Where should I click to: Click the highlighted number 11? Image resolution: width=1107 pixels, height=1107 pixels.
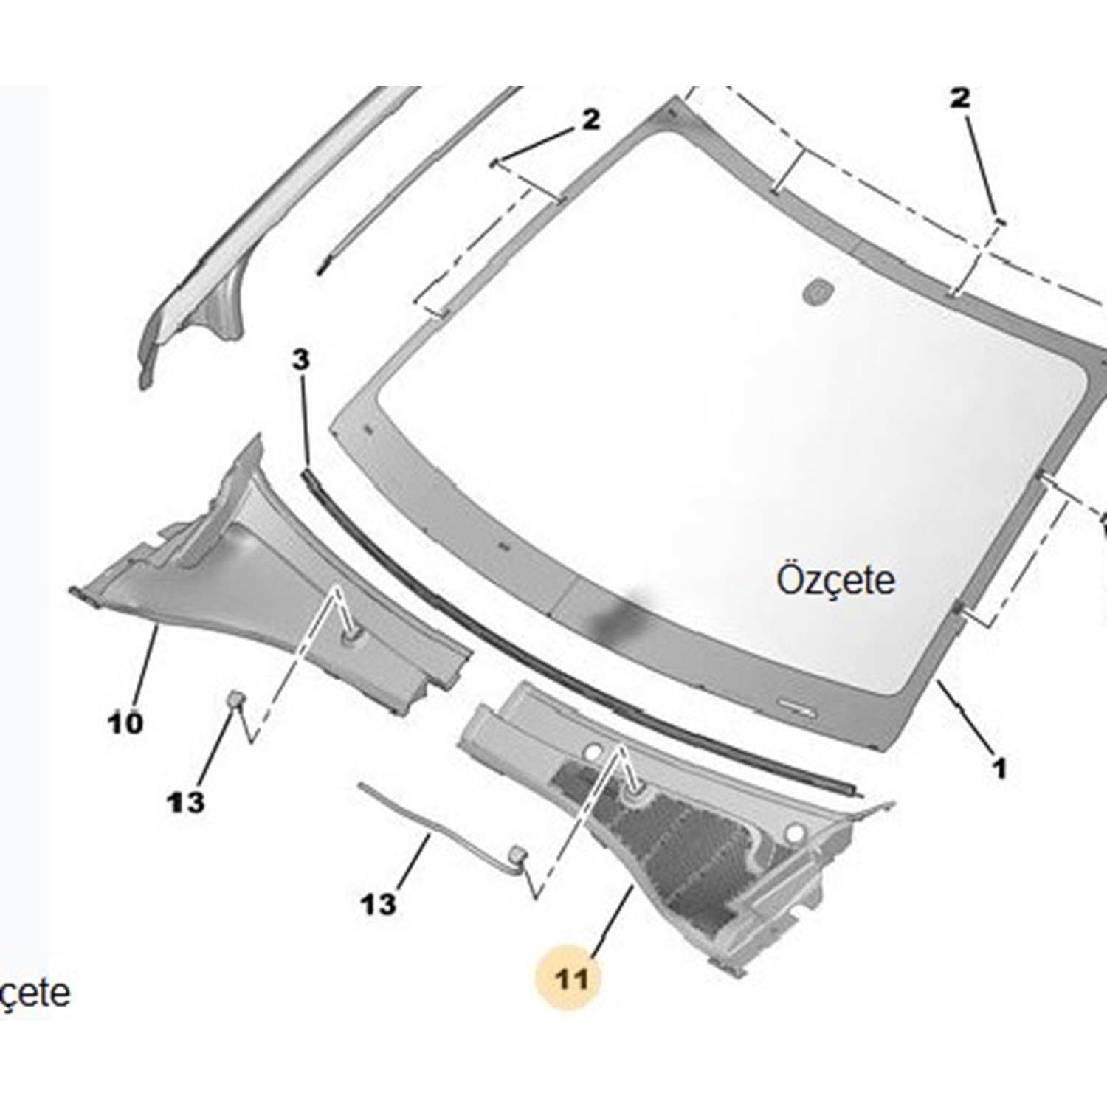573,979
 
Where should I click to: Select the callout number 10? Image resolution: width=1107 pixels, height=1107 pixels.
125,723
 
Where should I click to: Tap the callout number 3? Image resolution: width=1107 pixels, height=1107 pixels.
300,361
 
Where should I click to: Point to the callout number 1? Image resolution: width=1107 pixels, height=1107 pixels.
999,769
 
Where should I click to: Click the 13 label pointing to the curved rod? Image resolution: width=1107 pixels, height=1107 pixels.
378,903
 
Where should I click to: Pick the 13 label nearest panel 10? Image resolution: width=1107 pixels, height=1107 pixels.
185,801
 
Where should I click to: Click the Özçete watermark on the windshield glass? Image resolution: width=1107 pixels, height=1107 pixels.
835,580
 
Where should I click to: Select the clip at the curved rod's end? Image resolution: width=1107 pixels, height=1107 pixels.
518,854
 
